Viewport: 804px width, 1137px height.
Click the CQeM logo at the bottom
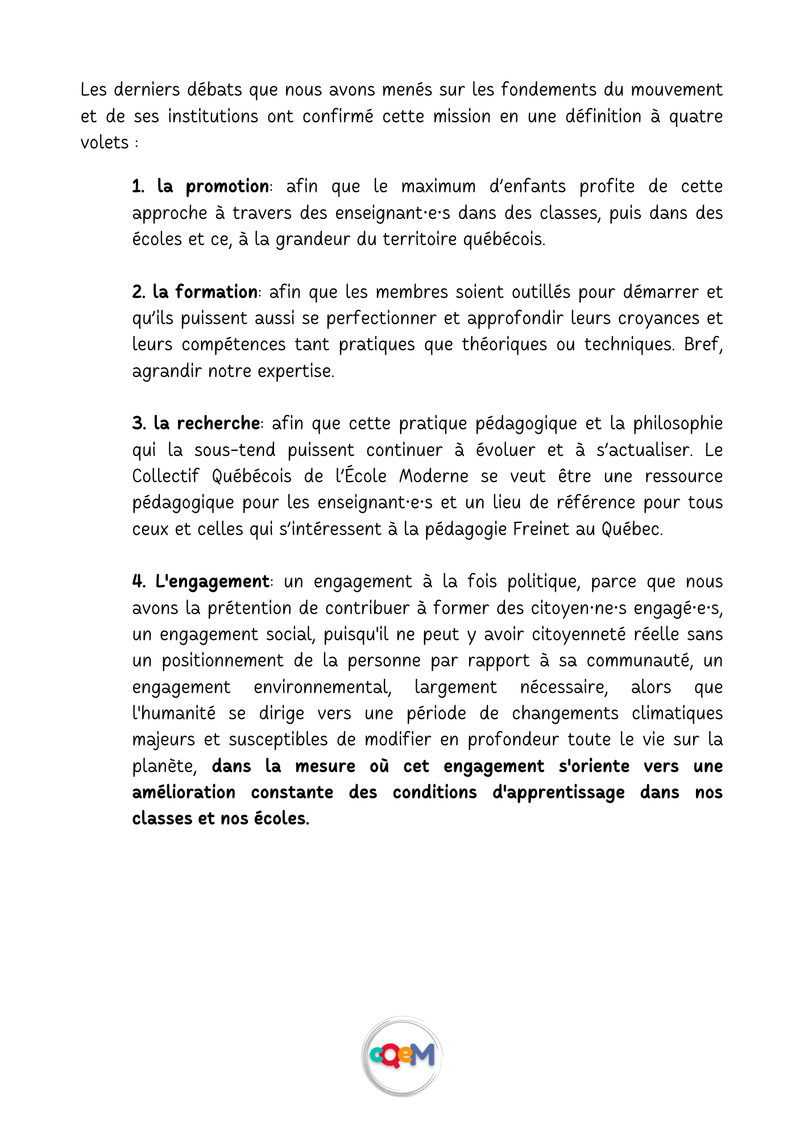[402, 1056]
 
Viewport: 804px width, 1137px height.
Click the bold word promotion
[227, 187]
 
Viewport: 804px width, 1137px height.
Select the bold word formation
[216, 292]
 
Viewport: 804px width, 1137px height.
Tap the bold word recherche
[218, 424]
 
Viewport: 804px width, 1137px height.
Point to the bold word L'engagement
[212, 582]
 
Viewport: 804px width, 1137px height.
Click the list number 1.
[138, 187]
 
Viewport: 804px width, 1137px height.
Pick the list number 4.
[139, 582]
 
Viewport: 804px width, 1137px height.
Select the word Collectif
[165, 476]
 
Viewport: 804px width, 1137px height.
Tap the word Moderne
[433, 476]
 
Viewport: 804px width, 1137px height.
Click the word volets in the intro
[105, 143]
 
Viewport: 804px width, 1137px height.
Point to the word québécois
[503, 240]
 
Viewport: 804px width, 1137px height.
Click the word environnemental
[322, 687]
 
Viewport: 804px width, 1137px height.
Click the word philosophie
[678, 424]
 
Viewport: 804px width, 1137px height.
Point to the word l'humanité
[173, 713]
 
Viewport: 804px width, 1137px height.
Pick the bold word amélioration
[184, 792]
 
